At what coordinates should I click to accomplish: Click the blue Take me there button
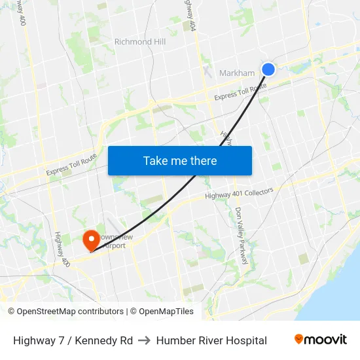(x=180, y=160)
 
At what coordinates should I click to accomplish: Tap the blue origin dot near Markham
(x=268, y=69)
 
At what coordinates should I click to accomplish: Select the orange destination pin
(x=89, y=240)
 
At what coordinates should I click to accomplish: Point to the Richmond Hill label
(x=140, y=42)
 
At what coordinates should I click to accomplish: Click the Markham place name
(x=237, y=73)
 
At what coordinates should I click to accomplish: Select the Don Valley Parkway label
(x=240, y=236)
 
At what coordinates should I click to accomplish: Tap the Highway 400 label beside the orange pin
(x=63, y=249)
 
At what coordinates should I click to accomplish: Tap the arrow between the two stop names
(x=145, y=340)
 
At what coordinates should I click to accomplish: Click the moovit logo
(x=321, y=339)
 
